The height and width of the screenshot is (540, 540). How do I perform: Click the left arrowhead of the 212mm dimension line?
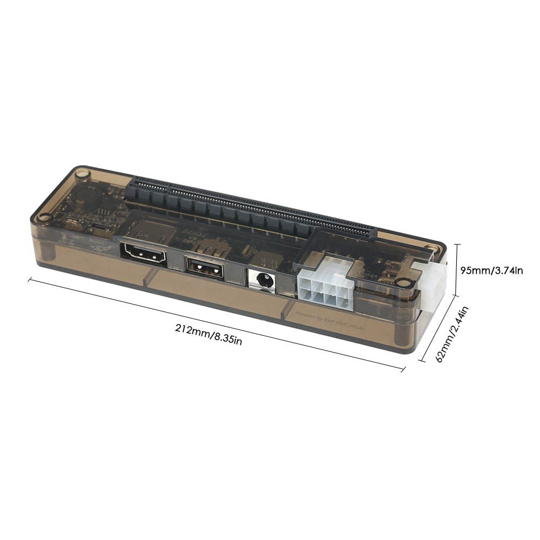pyautogui.click(x=30, y=280)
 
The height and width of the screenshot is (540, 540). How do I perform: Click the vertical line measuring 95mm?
pyautogui.click(x=458, y=269)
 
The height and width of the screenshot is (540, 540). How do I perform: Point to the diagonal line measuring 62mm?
pyautogui.click(x=438, y=329)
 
